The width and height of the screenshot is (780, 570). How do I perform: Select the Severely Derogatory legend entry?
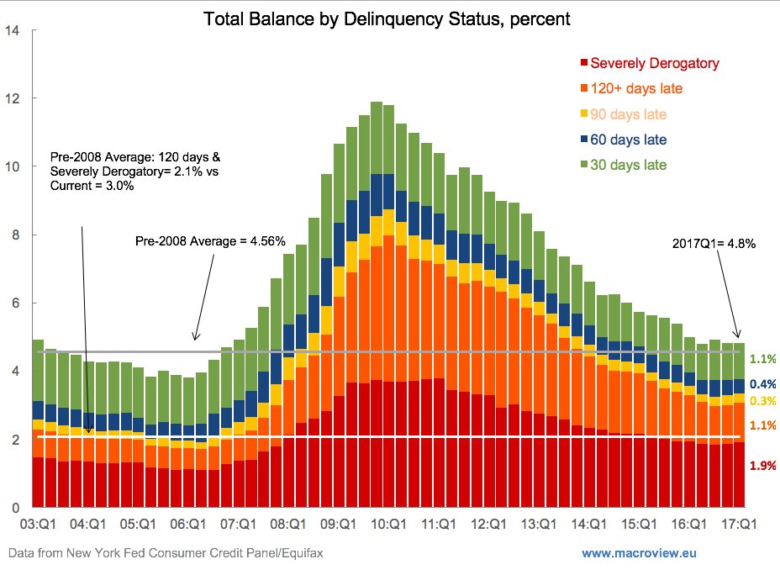(x=655, y=63)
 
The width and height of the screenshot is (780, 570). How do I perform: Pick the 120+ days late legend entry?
(x=636, y=88)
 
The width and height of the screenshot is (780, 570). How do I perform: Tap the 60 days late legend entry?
(x=629, y=140)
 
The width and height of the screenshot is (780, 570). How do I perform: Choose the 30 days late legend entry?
(x=629, y=165)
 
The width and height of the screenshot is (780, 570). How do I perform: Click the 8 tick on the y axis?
(x=16, y=235)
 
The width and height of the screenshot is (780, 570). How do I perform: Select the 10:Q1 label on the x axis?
(x=388, y=524)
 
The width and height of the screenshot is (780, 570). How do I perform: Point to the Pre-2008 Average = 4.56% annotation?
(x=210, y=242)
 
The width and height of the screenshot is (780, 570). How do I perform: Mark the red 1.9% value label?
(x=762, y=466)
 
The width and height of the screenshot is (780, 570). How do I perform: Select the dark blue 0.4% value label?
(x=762, y=383)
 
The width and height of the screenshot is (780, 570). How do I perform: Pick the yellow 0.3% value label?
(x=762, y=401)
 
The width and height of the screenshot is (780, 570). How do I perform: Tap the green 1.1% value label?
(x=762, y=358)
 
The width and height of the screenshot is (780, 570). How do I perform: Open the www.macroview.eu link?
(x=639, y=553)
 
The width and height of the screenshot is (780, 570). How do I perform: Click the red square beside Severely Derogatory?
(x=583, y=63)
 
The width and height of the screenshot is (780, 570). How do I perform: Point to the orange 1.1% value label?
(x=762, y=426)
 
